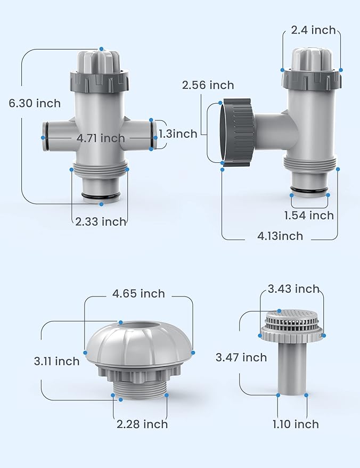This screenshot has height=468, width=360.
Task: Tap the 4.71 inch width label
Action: (x=101, y=138)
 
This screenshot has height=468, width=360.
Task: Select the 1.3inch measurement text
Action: (x=178, y=134)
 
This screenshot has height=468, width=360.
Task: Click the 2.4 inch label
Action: (x=313, y=30)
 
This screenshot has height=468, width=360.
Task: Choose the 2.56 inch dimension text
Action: (x=208, y=85)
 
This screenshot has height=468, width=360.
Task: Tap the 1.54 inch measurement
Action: (x=309, y=215)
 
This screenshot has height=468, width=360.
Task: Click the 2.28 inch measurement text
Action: (x=142, y=424)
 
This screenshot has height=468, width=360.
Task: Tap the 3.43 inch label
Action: (x=293, y=289)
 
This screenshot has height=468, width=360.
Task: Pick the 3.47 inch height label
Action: (x=241, y=357)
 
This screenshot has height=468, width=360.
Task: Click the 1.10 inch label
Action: (x=296, y=424)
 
